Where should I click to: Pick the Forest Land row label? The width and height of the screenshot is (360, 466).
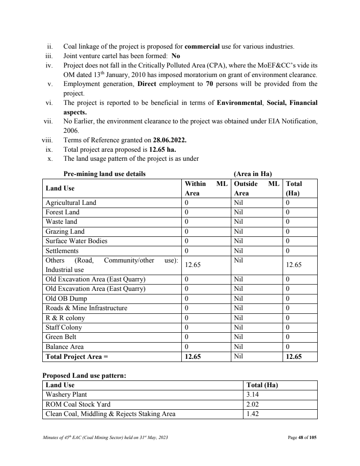[x=63, y=212]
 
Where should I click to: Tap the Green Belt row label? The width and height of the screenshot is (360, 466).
[x=61, y=337]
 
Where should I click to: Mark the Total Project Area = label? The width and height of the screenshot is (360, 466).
[x=77, y=357]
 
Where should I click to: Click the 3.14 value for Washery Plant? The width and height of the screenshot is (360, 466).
[x=252, y=394]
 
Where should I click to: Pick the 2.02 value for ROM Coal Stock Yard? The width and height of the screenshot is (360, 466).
[x=252, y=404]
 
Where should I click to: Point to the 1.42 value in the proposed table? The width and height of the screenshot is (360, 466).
[x=252, y=414]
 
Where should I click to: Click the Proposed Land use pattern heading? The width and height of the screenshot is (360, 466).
[x=84, y=376]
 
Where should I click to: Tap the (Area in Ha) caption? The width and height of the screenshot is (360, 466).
[x=252, y=174]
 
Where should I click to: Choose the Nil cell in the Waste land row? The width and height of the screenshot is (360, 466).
[x=238, y=222]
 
